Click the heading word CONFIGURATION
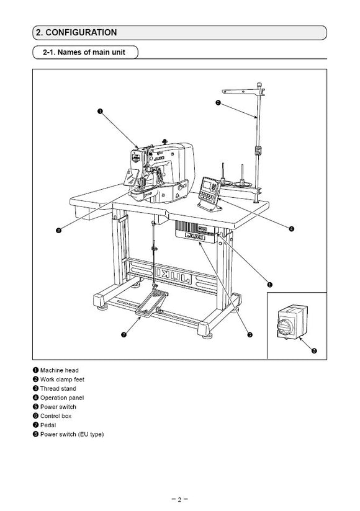(x=80, y=32)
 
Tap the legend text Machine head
(x=60, y=370)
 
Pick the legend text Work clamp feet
(x=63, y=379)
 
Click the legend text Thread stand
(x=58, y=388)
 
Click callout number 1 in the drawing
(x=100, y=112)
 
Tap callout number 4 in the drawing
(x=291, y=228)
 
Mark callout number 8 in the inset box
(x=314, y=351)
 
